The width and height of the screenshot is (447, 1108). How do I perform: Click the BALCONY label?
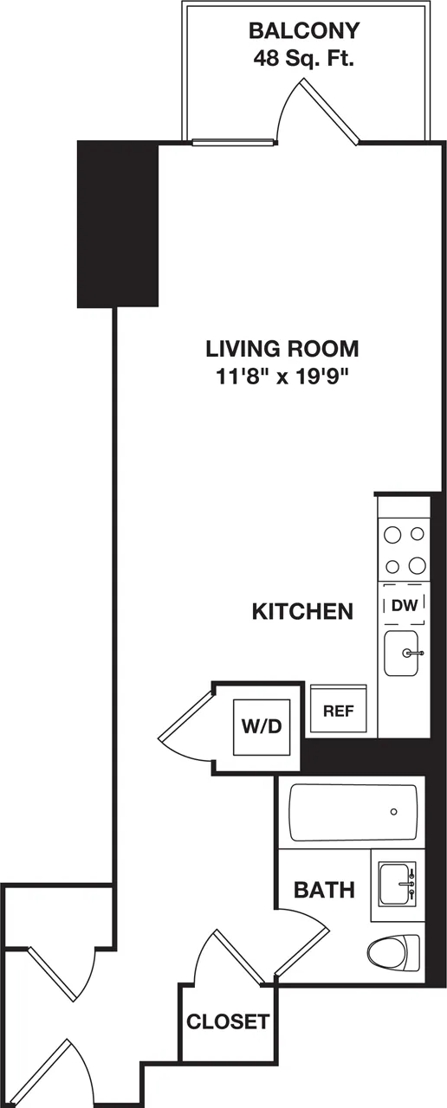(304, 32)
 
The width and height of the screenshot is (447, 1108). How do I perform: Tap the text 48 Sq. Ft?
(304, 60)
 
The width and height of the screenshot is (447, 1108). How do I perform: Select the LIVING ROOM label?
(282, 349)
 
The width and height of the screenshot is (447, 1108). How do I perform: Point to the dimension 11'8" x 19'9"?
(282, 377)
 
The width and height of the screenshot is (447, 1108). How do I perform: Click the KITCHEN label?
(302, 611)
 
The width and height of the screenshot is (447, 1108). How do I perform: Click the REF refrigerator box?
(340, 711)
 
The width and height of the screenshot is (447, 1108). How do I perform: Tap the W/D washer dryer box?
(261, 725)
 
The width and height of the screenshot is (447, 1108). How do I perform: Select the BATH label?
(324, 889)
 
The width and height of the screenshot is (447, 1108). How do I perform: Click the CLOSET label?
(228, 1021)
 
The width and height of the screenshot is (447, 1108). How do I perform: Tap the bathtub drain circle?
(393, 812)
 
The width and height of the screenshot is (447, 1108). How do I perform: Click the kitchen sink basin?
(402, 653)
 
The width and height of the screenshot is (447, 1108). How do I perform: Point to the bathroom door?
(298, 955)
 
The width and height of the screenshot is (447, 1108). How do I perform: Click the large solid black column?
(118, 224)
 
